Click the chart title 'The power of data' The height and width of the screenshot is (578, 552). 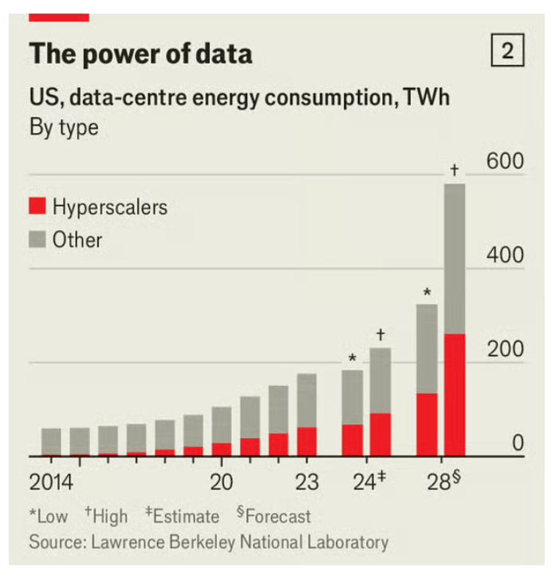pos(140,54)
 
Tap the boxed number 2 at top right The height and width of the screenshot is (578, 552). pos(507,53)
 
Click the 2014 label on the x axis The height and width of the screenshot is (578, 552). pos(51,482)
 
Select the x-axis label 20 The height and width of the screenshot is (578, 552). pos(221,482)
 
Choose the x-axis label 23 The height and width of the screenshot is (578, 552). pos(306,482)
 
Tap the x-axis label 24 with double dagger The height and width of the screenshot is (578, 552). pos(369,482)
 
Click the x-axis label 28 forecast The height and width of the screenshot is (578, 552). pos(444,482)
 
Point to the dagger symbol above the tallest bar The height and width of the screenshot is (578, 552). pos(455,169)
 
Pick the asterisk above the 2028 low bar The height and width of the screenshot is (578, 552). pos(428,291)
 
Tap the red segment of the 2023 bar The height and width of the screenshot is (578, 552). pos(306,441)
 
